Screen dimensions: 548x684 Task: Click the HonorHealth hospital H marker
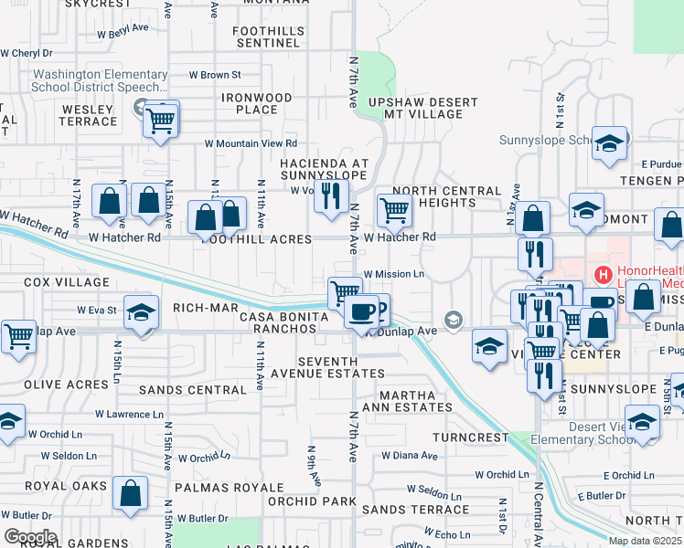(x=603, y=273)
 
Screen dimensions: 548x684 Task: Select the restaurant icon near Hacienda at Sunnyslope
(x=331, y=195)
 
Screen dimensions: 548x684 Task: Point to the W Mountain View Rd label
(x=251, y=143)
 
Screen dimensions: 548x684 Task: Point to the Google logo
(x=30, y=537)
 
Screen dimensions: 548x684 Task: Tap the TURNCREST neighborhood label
(x=470, y=437)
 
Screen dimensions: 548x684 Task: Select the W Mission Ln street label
(x=395, y=273)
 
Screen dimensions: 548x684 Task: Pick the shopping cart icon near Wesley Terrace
(x=161, y=119)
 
